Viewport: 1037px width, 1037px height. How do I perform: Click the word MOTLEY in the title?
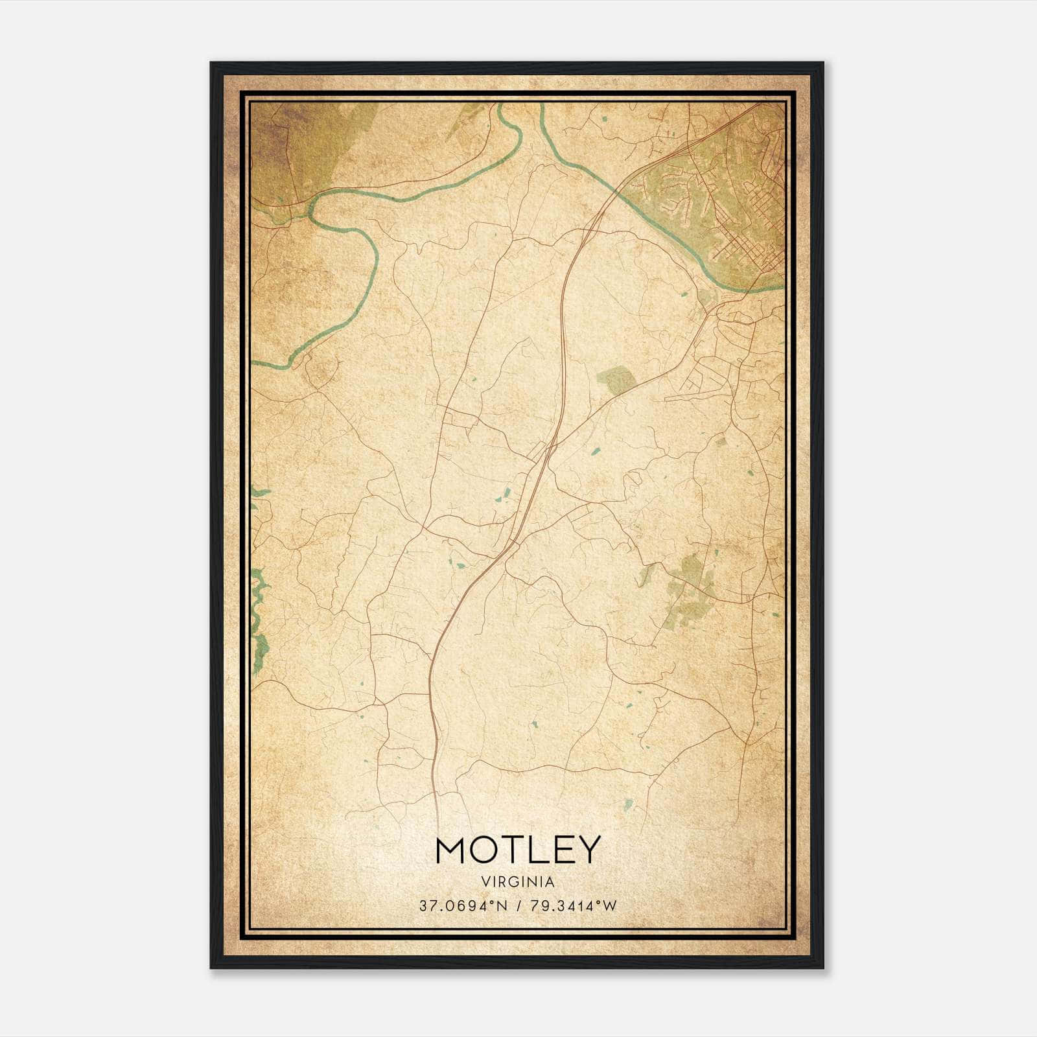click(518, 850)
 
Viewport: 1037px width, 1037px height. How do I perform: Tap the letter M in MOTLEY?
click(451, 850)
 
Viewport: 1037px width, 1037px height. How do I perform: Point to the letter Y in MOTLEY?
click(588, 850)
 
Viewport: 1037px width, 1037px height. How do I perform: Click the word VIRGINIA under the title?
click(518, 882)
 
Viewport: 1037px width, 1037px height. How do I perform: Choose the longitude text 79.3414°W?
click(574, 905)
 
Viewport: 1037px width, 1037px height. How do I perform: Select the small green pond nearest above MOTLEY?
click(627, 806)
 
